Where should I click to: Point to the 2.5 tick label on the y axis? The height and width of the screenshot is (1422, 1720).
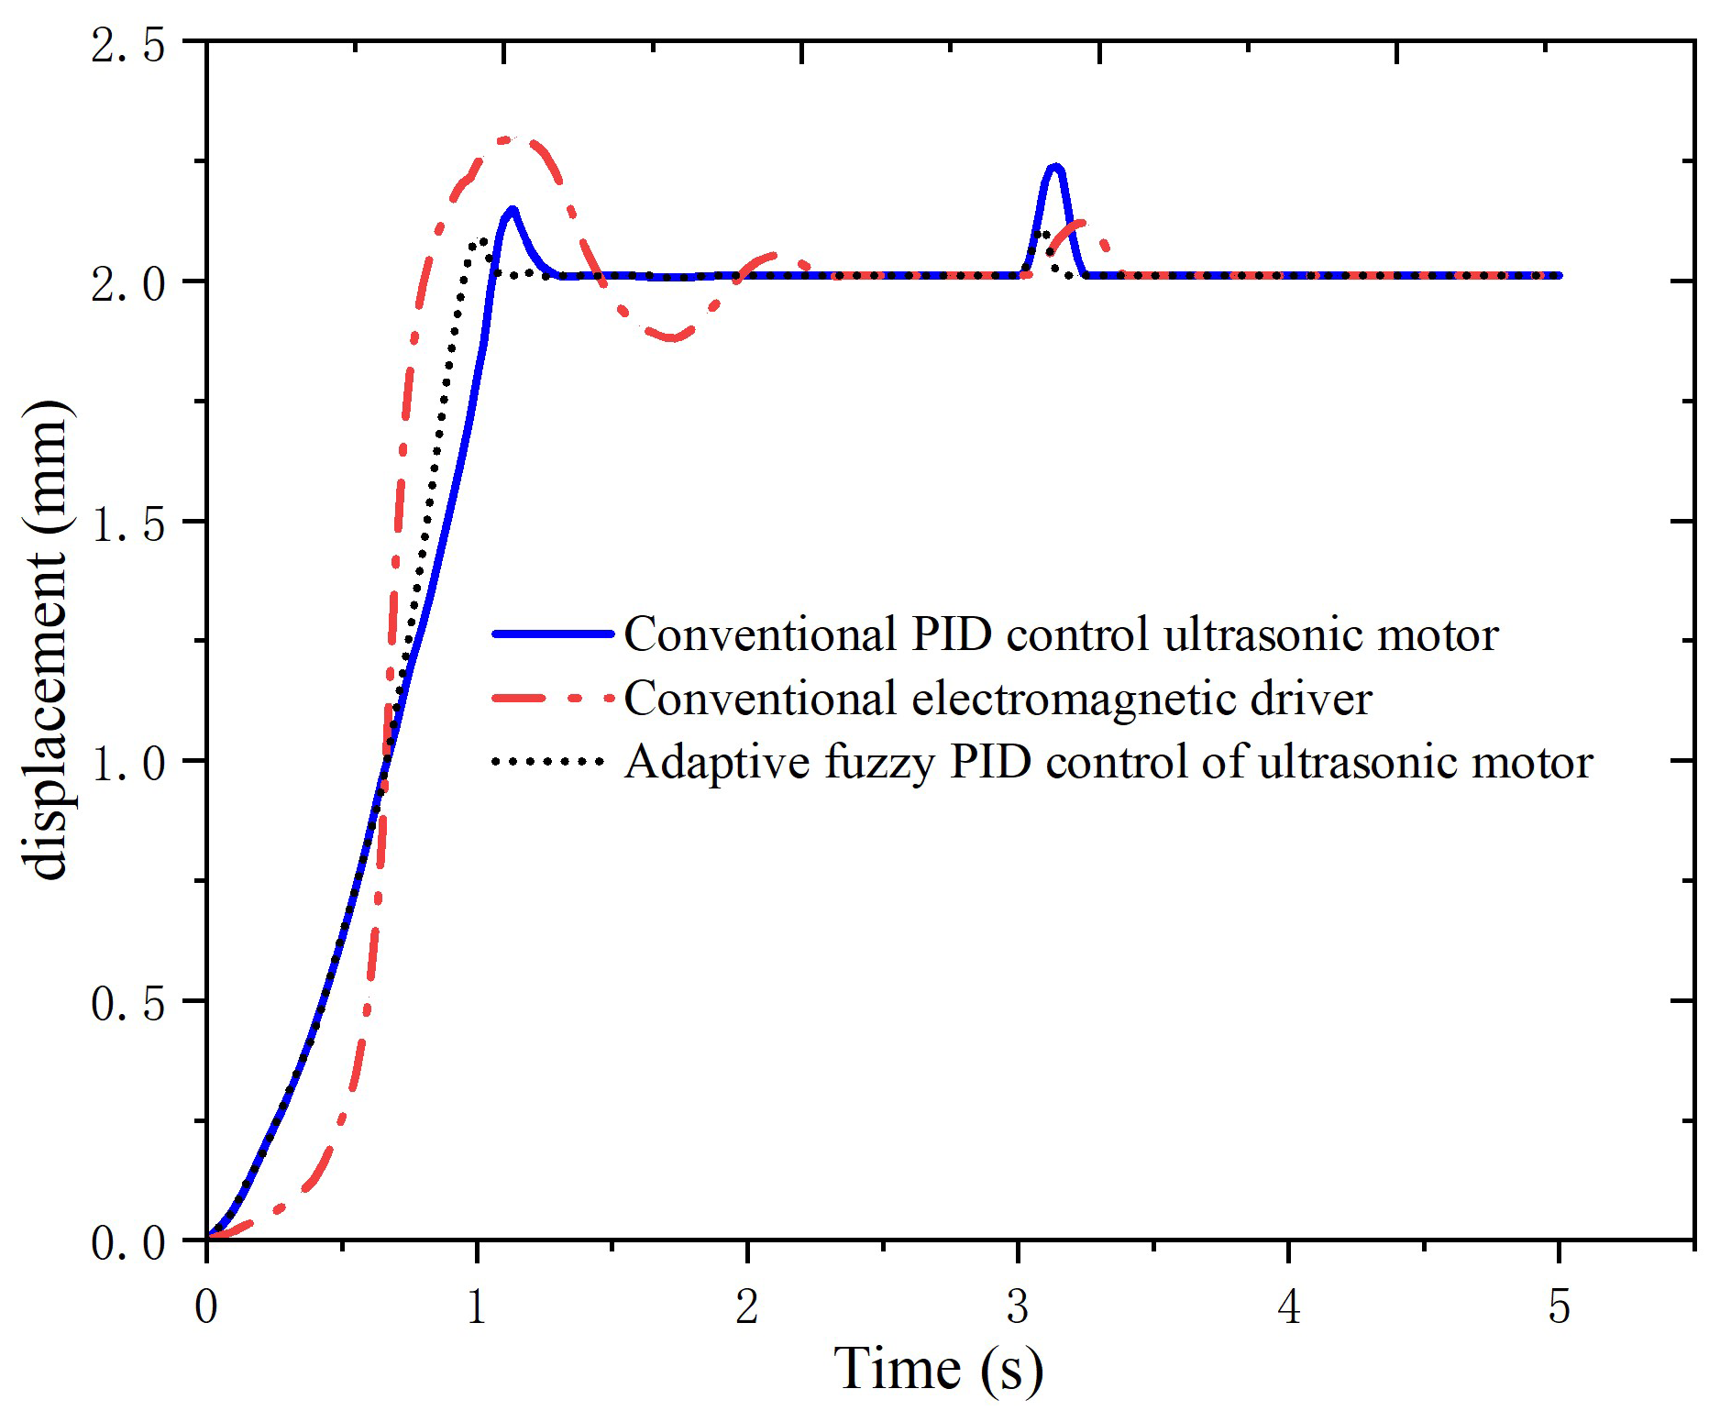click(x=127, y=44)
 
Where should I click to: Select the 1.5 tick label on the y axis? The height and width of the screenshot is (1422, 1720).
click(x=127, y=523)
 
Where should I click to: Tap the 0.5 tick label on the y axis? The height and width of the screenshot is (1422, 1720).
click(x=127, y=1002)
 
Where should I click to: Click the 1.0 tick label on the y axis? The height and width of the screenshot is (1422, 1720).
click(x=127, y=762)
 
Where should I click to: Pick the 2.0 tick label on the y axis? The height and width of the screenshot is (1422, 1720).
click(x=127, y=282)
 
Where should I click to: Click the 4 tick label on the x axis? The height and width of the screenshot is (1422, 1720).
click(x=1289, y=1307)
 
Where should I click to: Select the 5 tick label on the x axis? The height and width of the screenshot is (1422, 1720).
click(x=1560, y=1307)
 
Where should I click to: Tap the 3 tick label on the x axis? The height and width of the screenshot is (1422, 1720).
click(x=1018, y=1307)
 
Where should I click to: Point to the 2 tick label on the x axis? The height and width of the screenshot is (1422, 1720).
click(x=747, y=1307)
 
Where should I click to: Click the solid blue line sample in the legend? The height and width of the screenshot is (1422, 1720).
click(x=552, y=634)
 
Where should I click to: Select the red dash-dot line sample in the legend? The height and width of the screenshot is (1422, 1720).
click(x=552, y=699)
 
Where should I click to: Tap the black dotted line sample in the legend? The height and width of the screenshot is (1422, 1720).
click(x=548, y=762)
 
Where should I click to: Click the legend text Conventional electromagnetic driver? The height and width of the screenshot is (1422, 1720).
click(x=998, y=699)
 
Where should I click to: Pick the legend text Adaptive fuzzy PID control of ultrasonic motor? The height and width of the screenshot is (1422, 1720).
click(x=1108, y=762)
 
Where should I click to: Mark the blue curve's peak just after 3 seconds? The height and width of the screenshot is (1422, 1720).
click(x=1055, y=167)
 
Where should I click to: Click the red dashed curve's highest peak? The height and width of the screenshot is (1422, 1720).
click(x=510, y=139)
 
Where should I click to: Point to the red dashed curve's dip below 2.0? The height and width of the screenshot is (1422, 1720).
click(x=674, y=337)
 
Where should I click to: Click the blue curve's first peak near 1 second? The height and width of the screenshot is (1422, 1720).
click(x=512, y=210)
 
